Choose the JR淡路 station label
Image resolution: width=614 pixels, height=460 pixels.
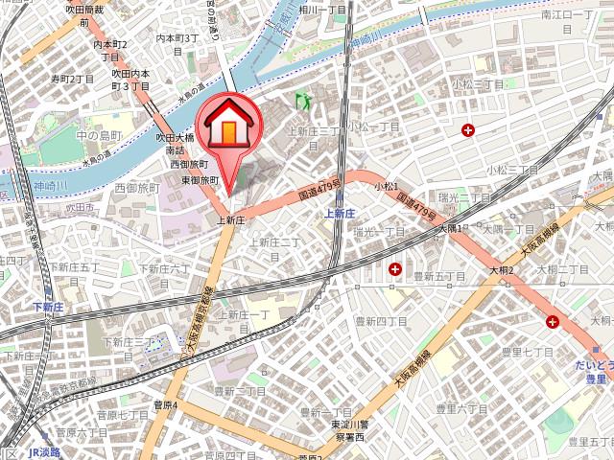[44, 452]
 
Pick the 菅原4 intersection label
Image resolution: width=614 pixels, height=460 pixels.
[165, 404]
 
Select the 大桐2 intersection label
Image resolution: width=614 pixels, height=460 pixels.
[501, 269]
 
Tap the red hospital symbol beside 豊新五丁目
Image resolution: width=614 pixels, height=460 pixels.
[395, 271]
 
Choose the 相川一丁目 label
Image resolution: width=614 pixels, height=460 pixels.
[322, 10]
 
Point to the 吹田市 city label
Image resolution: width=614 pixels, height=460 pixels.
[79, 207]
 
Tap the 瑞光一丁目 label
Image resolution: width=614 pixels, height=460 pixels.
[378, 231]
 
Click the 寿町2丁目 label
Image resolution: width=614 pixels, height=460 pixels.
[73, 79]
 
